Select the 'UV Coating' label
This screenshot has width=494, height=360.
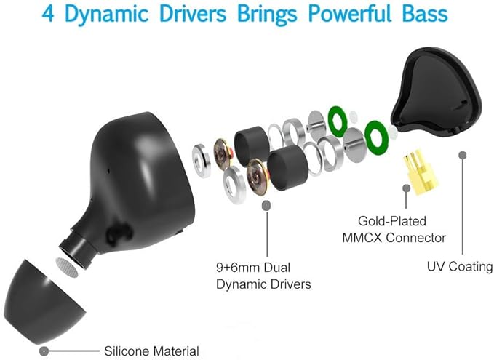point(459,266)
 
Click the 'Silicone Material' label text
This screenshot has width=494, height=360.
point(151,351)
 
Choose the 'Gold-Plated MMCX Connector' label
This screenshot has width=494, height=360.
point(401,228)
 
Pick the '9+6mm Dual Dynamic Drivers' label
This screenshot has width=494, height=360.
point(263,276)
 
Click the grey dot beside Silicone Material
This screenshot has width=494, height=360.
point(45,351)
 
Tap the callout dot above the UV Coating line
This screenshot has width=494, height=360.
point(461,154)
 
